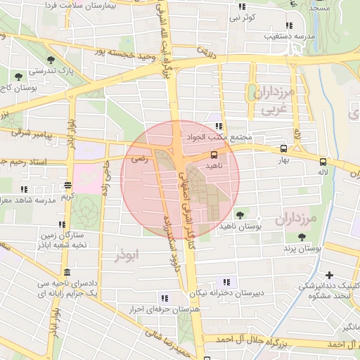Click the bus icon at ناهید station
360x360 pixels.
214,154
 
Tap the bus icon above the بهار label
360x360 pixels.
283,148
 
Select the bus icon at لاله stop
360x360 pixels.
323,160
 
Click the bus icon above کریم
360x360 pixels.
68,186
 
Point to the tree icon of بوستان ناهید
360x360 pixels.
240,214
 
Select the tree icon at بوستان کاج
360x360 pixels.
18,76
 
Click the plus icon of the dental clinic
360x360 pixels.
330,274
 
